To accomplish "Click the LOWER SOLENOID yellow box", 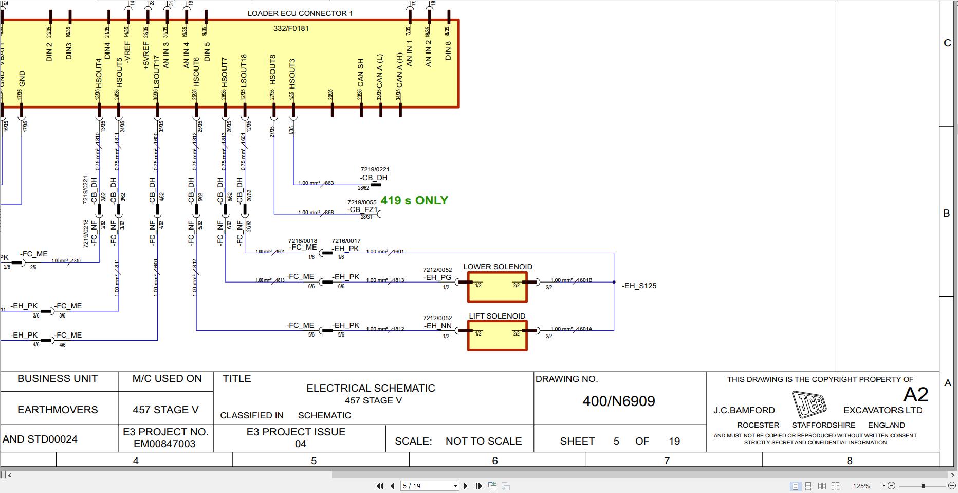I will pos(497,287).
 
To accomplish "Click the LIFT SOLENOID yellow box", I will pos(497,336).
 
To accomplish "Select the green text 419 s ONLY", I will pos(414,201).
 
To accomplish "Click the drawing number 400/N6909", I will pos(618,401).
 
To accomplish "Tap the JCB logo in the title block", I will pos(809,404).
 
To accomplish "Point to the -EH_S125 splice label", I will pos(639,286).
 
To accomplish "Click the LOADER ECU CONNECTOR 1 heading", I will pos(300,13).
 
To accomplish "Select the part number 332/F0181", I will pos(291,28).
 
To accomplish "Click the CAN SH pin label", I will pos(360,73).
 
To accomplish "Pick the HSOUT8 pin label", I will pos(273,70).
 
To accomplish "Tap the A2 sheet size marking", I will pos(915,395).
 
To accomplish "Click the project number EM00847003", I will pos(164,444).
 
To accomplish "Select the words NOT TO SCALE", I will pos(483,441).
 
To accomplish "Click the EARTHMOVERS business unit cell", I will pos(58,410).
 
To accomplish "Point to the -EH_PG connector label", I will pos(437,277).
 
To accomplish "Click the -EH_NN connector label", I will pos(437,326).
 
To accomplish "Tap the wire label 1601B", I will pos(584,280).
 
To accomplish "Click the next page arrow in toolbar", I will pos(466,486).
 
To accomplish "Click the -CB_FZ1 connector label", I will pos(362,209).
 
